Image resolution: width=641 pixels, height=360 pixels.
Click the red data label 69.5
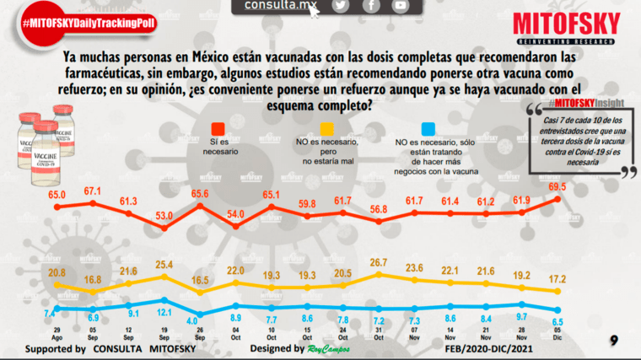(556, 185)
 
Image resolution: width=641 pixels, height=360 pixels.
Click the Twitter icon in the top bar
(341, 6)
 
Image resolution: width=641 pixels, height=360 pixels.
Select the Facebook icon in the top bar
(371, 6)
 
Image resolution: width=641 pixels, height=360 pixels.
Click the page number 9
(615, 341)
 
